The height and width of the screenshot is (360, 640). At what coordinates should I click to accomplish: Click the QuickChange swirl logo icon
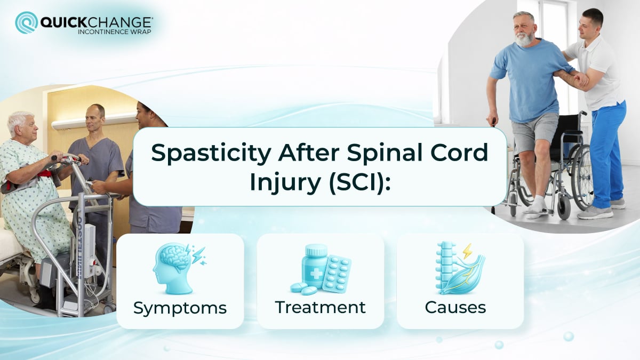(x=26, y=22)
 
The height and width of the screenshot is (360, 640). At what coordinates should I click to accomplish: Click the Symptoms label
(x=180, y=308)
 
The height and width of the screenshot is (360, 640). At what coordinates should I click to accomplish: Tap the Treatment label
(x=320, y=308)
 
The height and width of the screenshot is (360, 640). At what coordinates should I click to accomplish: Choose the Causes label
(x=455, y=308)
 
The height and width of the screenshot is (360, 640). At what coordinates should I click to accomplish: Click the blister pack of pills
(x=336, y=273)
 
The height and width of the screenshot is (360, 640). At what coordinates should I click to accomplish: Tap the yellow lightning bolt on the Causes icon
(x=467, y=251)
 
